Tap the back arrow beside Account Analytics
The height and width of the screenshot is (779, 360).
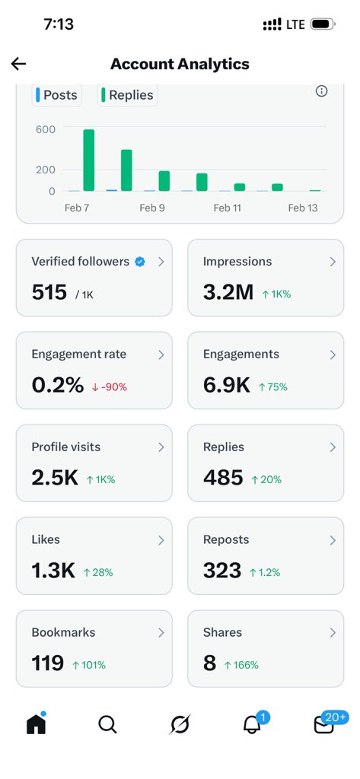[x=19, y=64]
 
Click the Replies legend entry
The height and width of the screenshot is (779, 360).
[x=128, y=95]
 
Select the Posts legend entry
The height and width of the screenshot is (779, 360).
[x=56, y=95]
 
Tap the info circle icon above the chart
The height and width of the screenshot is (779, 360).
[x=321, y=91]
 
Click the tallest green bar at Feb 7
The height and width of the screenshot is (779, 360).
[x=89, y=161]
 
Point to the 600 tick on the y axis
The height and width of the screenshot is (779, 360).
[x=45, y=129]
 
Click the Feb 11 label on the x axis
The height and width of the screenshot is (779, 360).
[x=227, y=208]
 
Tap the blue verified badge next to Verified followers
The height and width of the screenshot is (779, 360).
[x=140, y=262]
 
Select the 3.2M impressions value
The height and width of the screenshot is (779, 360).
[x=228, y=292]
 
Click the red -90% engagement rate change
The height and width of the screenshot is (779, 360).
[x=110, y=386]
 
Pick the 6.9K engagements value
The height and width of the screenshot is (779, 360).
[x=227, y=385]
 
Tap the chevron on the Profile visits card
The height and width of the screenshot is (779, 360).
[x=161, y=447]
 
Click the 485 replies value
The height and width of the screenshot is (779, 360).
[x=223, y=478]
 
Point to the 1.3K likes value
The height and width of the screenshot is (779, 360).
[x=53, y=571]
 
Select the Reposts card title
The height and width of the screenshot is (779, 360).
[x=226, y=539]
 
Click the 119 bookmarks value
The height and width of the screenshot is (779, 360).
[x=48, y=663]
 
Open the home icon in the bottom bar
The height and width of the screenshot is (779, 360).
[x=36, y=724]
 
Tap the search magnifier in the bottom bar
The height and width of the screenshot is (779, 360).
[x=107, y=725]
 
